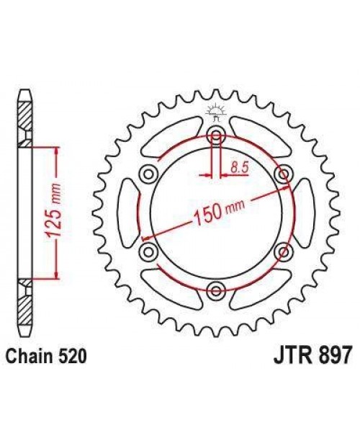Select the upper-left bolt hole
coord(149,173)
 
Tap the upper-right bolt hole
coord(283,173)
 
